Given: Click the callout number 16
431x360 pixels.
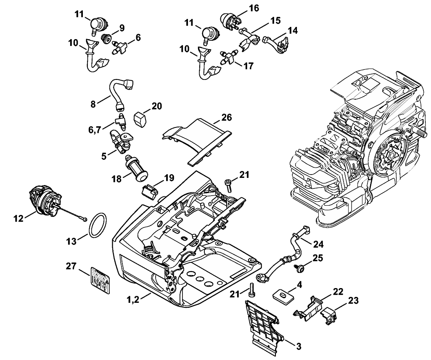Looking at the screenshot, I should (242, 8).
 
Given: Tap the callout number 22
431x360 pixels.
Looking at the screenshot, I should (338, 291).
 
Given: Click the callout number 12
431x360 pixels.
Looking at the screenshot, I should (19, 218).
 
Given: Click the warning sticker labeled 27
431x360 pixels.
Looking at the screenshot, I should (99, 280).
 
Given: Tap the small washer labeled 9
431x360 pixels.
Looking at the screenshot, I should (107, 40).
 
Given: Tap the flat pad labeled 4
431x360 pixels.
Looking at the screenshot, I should (283, 295).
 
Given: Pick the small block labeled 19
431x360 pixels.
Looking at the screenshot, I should (150, 191).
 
